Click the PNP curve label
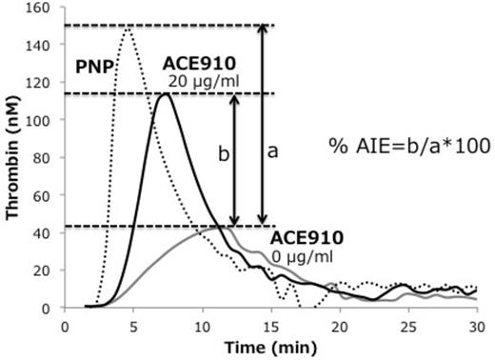[x=93, y=68]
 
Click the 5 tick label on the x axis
[x=133, y=325]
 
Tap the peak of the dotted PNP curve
[x=127, y=29]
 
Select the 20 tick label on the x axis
[x=339, y=325]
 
